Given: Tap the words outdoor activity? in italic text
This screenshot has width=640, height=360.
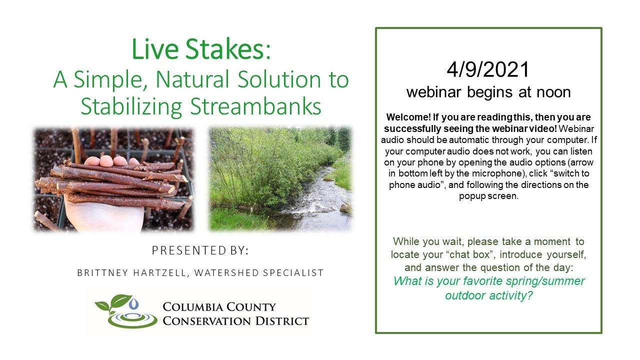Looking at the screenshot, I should pos(488,295).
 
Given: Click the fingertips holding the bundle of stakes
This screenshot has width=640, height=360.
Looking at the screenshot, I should pos(112,161).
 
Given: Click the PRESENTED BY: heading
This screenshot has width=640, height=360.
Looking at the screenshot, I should pos(200,250).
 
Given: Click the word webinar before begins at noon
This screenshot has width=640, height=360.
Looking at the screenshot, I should pos(430,92).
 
